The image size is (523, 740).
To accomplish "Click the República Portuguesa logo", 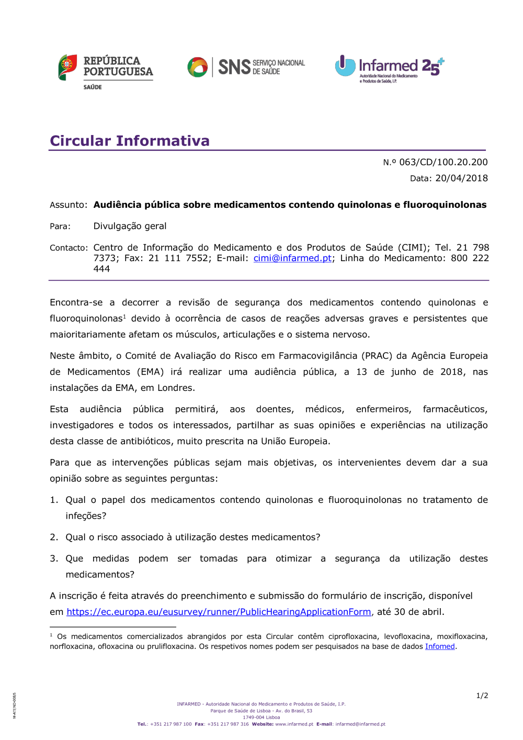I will point(106,71).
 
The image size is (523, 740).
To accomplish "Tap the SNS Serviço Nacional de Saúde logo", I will point(246,67).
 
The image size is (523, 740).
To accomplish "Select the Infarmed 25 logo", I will point(389,69).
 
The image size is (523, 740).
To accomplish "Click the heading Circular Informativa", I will point(130,141).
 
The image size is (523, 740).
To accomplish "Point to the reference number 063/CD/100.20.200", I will point(443,162).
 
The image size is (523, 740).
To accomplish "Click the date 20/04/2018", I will point(461,178).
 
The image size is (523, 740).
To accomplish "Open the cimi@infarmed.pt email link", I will point(292,258).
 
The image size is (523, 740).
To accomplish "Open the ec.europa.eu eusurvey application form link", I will point(219,612).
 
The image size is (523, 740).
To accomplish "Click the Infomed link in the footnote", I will point(440,646).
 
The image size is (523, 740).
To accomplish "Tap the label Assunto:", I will point(69,205).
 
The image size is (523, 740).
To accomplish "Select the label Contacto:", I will point(69,248).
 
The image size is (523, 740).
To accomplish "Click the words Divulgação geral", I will point(130,226).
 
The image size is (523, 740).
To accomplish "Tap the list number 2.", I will point(54,537).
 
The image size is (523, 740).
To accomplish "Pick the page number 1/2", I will point(482,696).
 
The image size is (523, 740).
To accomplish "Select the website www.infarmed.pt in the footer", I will point(294,724).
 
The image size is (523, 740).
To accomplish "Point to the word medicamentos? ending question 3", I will point(100,575).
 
